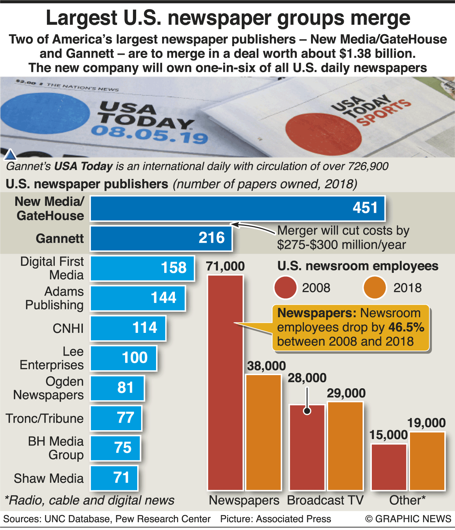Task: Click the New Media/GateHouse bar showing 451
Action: tap(237, 209)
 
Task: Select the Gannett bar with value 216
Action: tap(161, 238)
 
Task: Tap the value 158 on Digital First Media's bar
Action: tap(173, 268)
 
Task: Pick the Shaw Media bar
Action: tap(114, 478)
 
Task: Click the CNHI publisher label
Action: tap(68, 328)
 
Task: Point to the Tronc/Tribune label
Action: tap(45, 418)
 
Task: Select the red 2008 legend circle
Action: tap(285, 287)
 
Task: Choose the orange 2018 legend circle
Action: tap(375, 287)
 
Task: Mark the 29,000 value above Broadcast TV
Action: tap(346, 393)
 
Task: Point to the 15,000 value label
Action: tap(388, 435)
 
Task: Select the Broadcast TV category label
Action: tap(325, 500)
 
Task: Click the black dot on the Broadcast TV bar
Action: tap(307, 411)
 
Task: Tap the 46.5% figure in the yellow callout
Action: tap(406, 327)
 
